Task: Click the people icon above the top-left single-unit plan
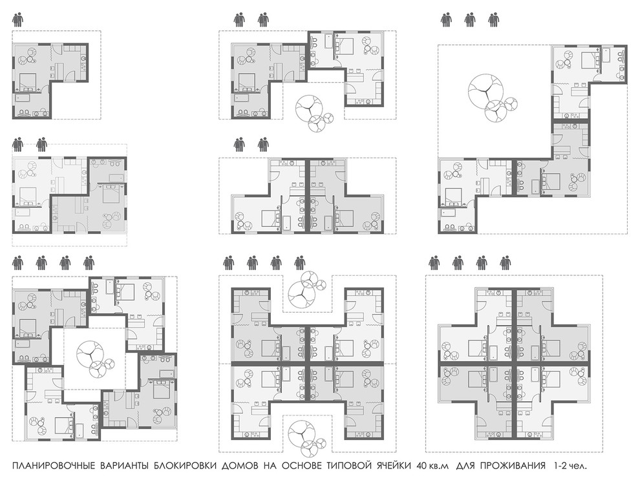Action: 18,19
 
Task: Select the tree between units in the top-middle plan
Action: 314,113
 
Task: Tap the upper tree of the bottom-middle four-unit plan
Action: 306,289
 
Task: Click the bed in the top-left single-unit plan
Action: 28,81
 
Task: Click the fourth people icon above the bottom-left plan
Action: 89,264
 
